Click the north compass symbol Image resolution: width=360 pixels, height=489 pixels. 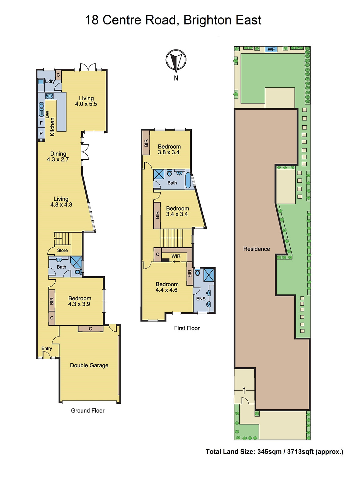[176, 60]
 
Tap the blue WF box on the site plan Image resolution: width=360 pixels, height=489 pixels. [271, 49]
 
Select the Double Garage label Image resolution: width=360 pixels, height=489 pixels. [89, 365]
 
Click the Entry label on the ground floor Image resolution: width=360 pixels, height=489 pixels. [47, 348]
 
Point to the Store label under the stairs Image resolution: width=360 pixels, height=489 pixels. [62, 250]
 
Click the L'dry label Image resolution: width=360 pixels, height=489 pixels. [50, 81]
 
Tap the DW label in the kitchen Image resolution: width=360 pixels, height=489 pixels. [47, 115]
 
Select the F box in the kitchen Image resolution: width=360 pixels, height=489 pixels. [41, 123]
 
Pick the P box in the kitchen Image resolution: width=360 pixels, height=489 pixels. [41, 134]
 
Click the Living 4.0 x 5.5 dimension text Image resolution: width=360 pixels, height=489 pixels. [86, 104]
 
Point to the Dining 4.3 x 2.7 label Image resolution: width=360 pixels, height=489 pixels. [58, 156]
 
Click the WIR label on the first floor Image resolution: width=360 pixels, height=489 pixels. [176, 256]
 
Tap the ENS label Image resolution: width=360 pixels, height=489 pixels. [201, 299]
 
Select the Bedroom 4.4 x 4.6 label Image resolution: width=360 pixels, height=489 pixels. [167, 287]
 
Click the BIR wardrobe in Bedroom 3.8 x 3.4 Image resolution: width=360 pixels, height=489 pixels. [146, 143]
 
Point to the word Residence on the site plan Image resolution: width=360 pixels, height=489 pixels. [256, 249]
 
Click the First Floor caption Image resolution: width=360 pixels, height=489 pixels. [187, 328]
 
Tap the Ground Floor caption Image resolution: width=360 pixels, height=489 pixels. [88, 410]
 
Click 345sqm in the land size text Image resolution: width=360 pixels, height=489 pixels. [269, 452]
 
